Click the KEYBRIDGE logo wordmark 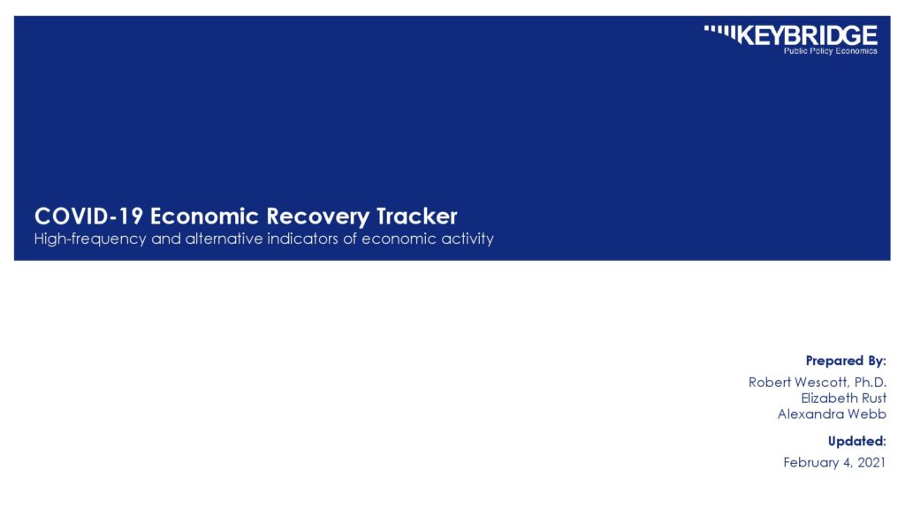coord(807,35)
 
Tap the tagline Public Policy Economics coord(830,51)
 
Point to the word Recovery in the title coord(317,217)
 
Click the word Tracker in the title coord(417,217)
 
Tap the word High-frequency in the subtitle coord(90,239)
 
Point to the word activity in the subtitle coord(468,239)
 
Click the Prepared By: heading coord(846,361)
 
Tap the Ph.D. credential coord(871,382)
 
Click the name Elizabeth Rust coord(844,399)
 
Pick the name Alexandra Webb coord(832,414)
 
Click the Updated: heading coord(857,442)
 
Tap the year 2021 coord(871,462)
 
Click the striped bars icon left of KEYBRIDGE coord(720,33)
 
